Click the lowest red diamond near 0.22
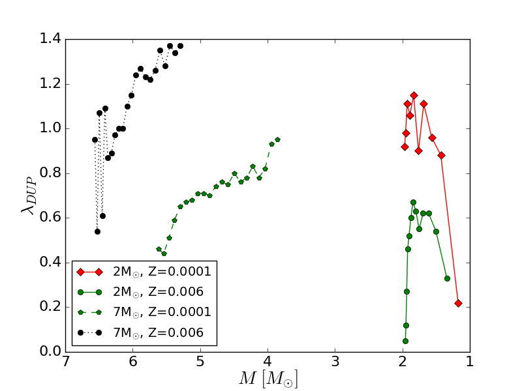point(458,303)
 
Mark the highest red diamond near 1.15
point(414,95)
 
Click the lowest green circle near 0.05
point(405,341)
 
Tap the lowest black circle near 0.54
point(97,231)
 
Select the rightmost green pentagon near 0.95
point(277,139)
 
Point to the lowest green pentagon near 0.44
point(164,253)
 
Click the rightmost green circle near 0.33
point(447,278)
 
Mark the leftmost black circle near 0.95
point(95,139)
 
